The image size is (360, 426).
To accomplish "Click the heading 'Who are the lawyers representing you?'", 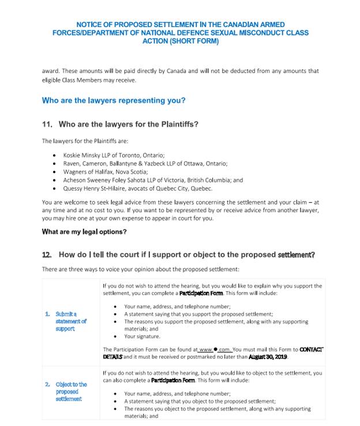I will coord(114,100).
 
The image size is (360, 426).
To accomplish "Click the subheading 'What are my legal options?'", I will coord(84,232).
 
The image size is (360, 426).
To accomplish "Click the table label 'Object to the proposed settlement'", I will coord(72,391).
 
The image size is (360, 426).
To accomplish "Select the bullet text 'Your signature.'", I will coord(142,336).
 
